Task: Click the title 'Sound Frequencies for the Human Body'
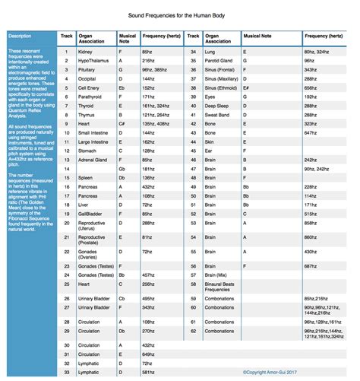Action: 180,15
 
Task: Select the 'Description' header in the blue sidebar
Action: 21,36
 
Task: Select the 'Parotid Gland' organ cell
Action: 223,59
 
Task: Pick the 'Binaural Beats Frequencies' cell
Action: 226,284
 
